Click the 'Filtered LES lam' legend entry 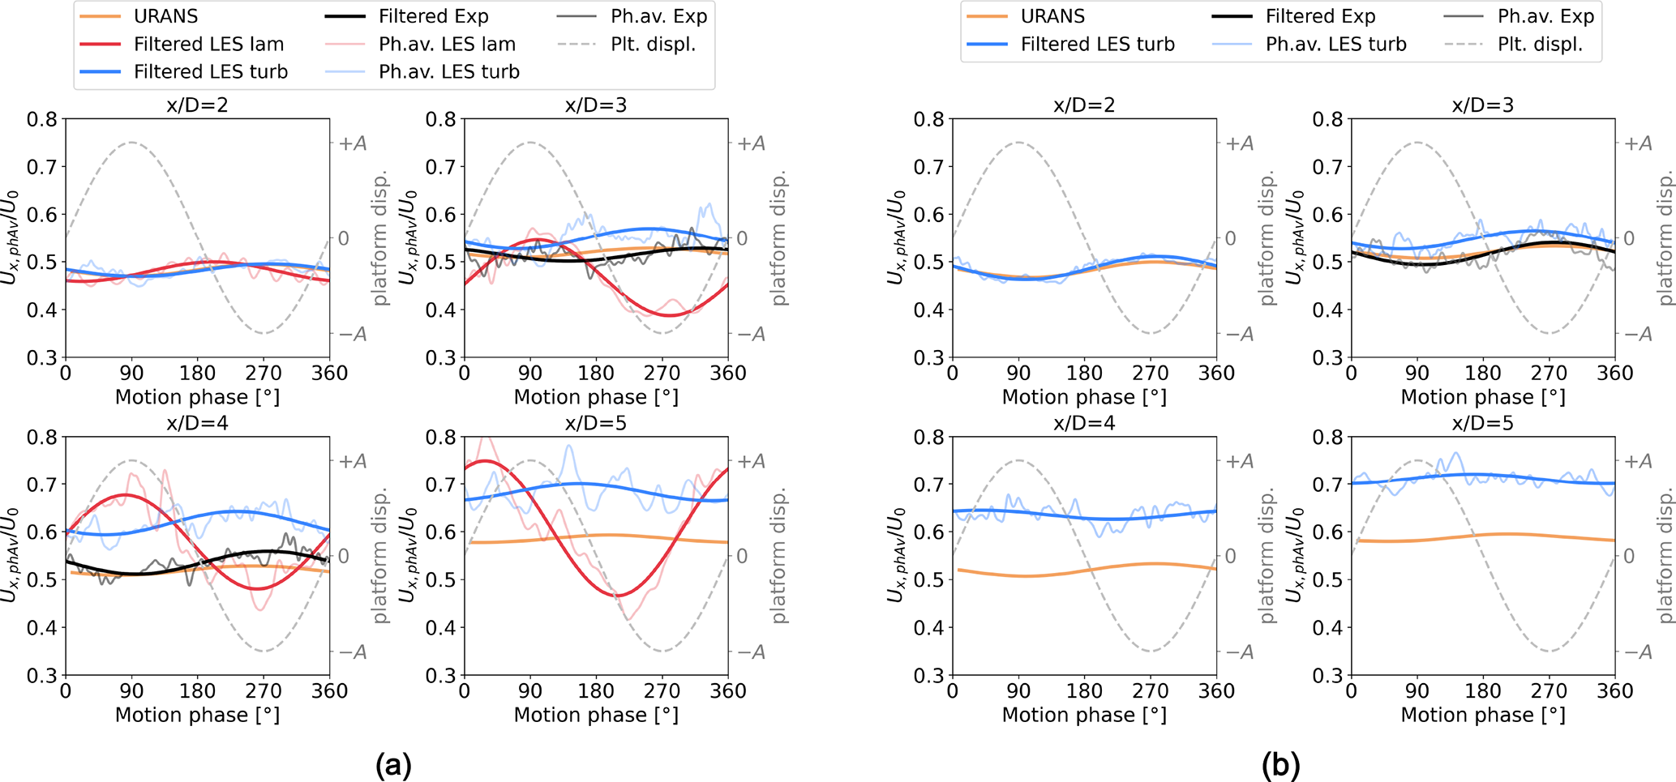208,44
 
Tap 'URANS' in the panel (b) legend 1052,16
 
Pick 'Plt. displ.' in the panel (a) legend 653,44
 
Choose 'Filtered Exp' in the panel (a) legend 434,16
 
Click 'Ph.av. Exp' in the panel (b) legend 1545,16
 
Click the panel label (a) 393,764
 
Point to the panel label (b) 1280,764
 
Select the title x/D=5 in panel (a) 596,423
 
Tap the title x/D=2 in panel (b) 1084,105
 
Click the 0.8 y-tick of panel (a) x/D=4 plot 42,438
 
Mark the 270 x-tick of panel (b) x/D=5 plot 1549,691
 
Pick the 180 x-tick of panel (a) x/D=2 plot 198,374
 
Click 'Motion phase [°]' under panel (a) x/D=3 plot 596,397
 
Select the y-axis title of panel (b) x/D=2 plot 896,238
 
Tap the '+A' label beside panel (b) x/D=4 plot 1238,461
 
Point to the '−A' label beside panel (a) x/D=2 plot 351,334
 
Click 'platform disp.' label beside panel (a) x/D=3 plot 780,238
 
